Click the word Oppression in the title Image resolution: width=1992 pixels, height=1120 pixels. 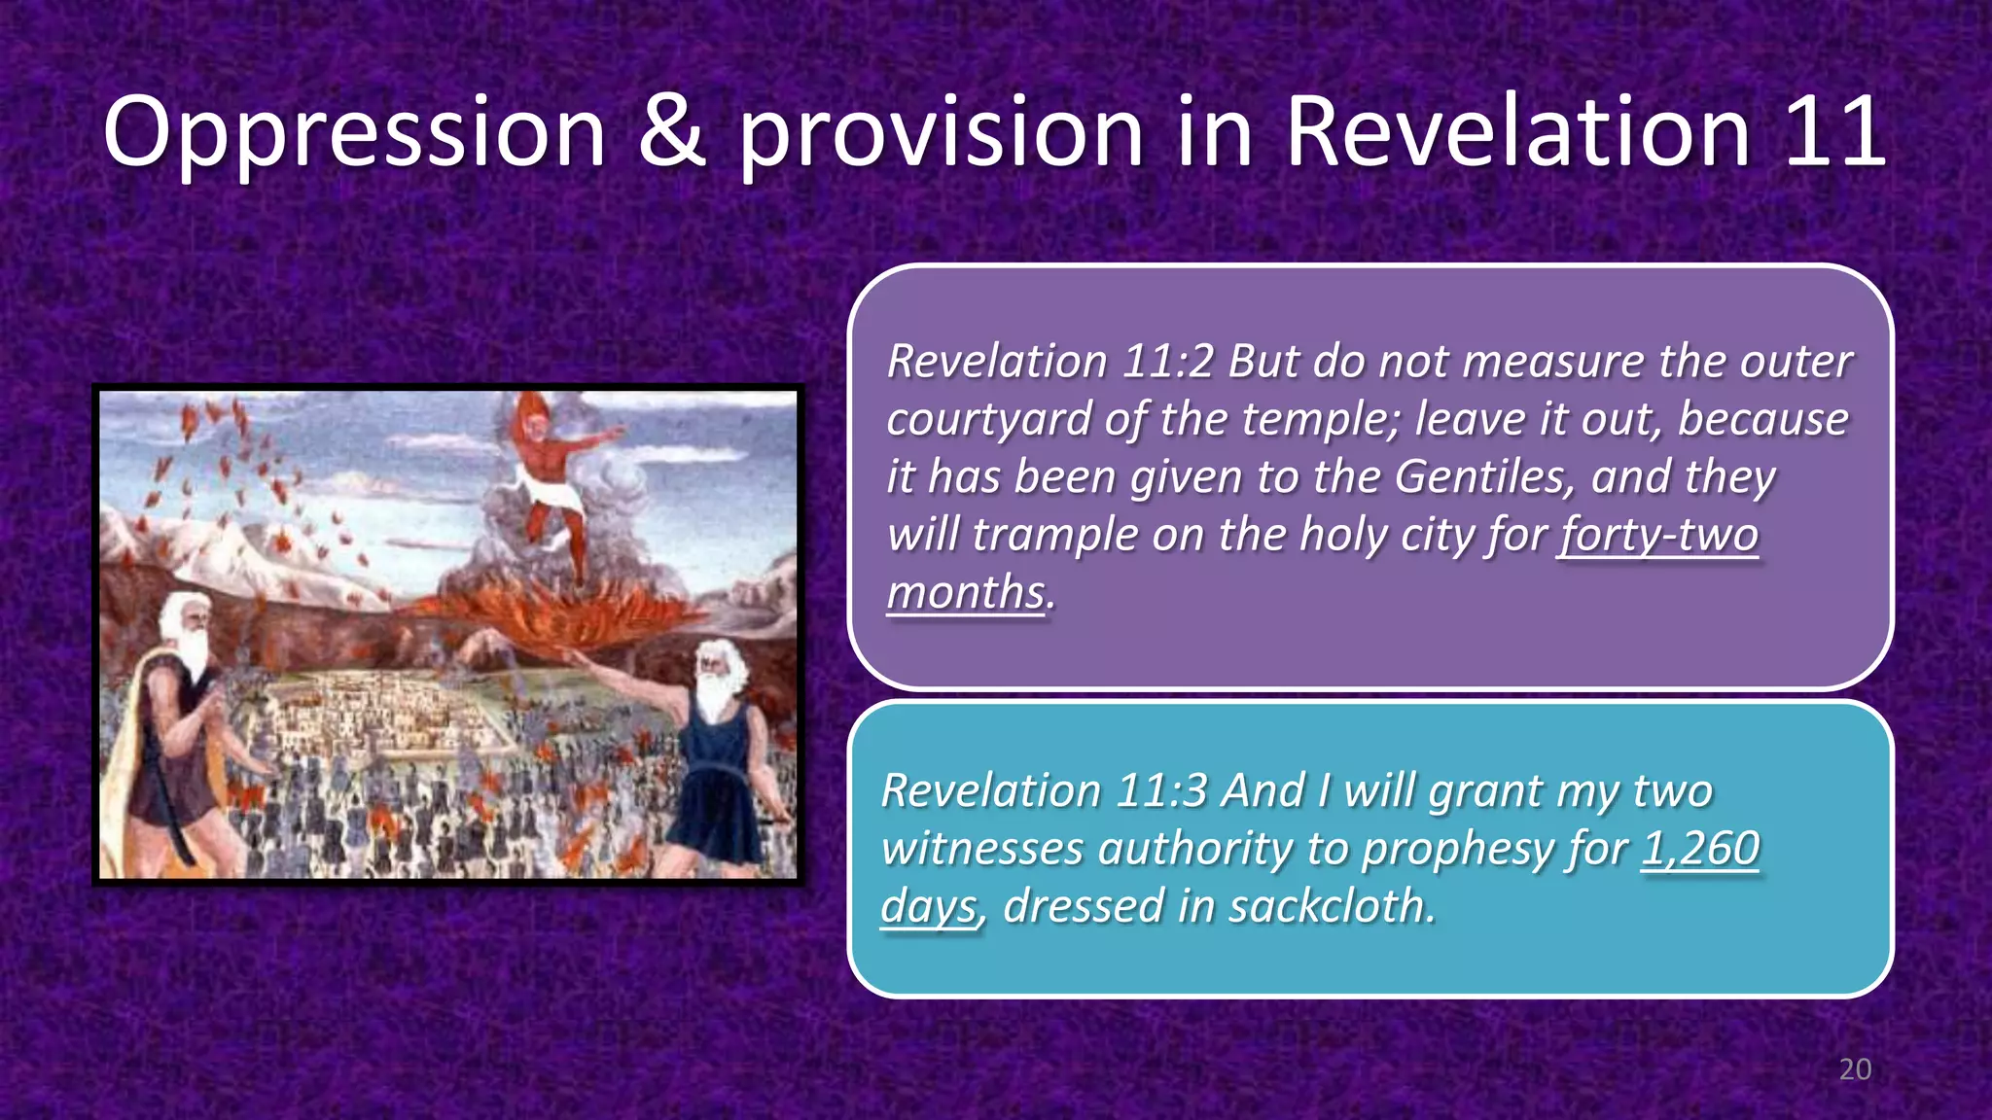[x=355, y=133]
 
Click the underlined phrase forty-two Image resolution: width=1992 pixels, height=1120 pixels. [x=1658, y=535]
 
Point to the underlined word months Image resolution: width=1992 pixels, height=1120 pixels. [x=965, y=592]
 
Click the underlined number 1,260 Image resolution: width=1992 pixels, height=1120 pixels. [x=1700, y=848]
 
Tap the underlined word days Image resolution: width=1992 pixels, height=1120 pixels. [x=928, y=906]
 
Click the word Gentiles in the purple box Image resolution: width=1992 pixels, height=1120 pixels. [x=1482, y=476]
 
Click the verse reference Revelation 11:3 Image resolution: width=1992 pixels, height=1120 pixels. [x=1045, y=790]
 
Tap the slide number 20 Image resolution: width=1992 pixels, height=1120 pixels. [x=1855, y=1069]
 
